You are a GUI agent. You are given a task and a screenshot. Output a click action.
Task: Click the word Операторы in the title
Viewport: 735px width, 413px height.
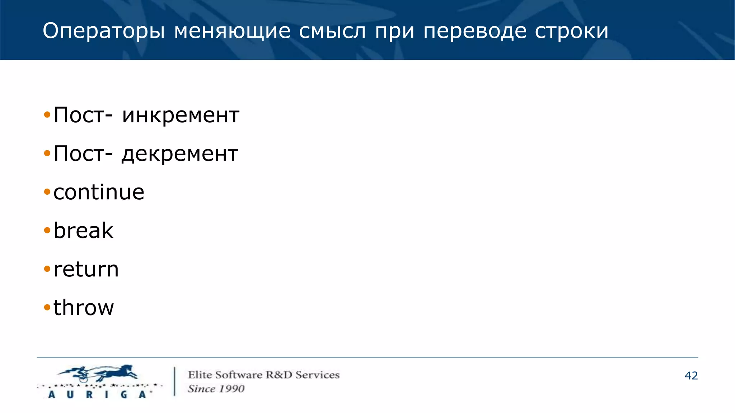pos(104,31)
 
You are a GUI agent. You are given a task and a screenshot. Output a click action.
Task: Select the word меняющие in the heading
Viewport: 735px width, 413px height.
pos(232,31)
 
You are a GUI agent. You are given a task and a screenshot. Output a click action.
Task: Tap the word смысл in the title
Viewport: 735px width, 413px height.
pos(332,31)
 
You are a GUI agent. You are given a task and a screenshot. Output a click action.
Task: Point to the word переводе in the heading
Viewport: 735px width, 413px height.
pos(475,31)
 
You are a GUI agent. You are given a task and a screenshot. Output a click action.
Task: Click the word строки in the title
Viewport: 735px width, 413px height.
pos(571,31)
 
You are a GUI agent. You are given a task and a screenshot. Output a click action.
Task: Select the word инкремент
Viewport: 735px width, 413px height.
pos(181,115)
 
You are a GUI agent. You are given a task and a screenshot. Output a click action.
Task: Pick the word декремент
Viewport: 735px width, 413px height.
pos(180,154)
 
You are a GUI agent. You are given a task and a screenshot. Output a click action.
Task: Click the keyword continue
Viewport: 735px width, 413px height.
pos(99,192)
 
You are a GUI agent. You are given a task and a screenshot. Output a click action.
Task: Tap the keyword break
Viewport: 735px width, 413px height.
pos(83,231)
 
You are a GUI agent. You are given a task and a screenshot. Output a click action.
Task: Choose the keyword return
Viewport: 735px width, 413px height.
pos(86,269)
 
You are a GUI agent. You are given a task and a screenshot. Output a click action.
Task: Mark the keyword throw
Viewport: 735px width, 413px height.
pos(84,308)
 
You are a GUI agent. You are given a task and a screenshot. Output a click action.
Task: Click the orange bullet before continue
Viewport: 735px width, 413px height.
pos(47,192)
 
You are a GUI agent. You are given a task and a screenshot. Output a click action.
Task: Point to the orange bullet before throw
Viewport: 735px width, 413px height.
pos(47,308)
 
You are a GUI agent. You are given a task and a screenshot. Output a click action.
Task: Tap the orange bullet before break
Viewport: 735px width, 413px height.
pos(47,231)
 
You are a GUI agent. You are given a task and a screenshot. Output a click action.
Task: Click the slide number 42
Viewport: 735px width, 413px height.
pos(691,376)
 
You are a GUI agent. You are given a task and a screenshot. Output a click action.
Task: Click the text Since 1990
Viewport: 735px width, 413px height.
pos(216,389)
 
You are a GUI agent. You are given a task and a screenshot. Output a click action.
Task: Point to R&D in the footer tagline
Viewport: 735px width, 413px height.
pos(279,375)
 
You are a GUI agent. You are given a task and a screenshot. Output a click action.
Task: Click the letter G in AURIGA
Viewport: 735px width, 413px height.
pos(124,395)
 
